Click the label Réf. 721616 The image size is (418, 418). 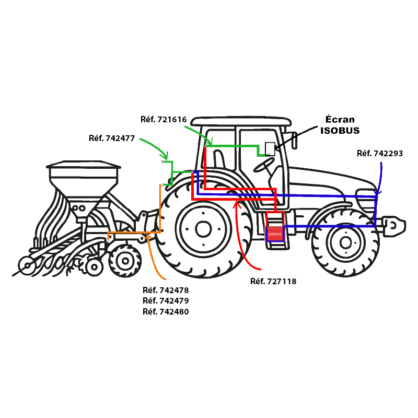(x=164, y=119)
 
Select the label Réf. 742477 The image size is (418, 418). (x=112, y=138)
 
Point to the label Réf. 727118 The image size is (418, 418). (x=273, y=282)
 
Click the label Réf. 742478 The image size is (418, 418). (x=166, y=290)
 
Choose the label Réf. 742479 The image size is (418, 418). (x=166, y=301)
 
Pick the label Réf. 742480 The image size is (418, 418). (x=166, y=312)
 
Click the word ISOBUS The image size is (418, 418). (x=340, y=130)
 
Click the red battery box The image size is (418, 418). (x=275, y=234)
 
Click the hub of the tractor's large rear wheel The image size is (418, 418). (x=203, y=228)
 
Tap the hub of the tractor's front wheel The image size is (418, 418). (x=345, y=241)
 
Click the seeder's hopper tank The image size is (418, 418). (x=84, y=180)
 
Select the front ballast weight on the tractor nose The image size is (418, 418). (x=395, y=225)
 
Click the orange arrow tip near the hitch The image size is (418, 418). (x=149, y=236)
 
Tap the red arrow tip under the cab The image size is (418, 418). (x=237, y=202)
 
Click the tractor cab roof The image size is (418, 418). (x=240, y=121)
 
